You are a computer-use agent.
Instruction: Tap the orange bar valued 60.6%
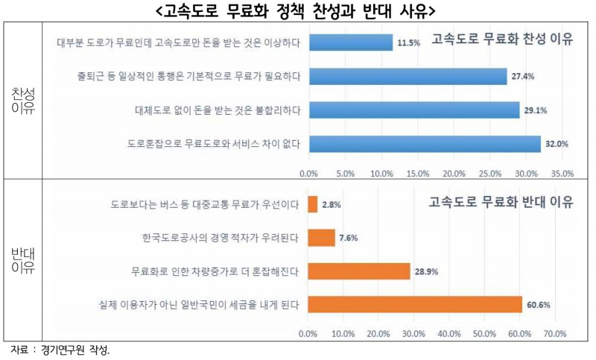coord(414,304)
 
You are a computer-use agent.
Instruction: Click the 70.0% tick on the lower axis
coord(555,333)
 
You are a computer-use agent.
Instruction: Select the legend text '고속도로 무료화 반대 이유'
coord(493,203)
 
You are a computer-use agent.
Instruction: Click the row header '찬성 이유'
coord(22,101)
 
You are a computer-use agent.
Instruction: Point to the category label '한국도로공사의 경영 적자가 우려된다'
coord(221,238)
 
